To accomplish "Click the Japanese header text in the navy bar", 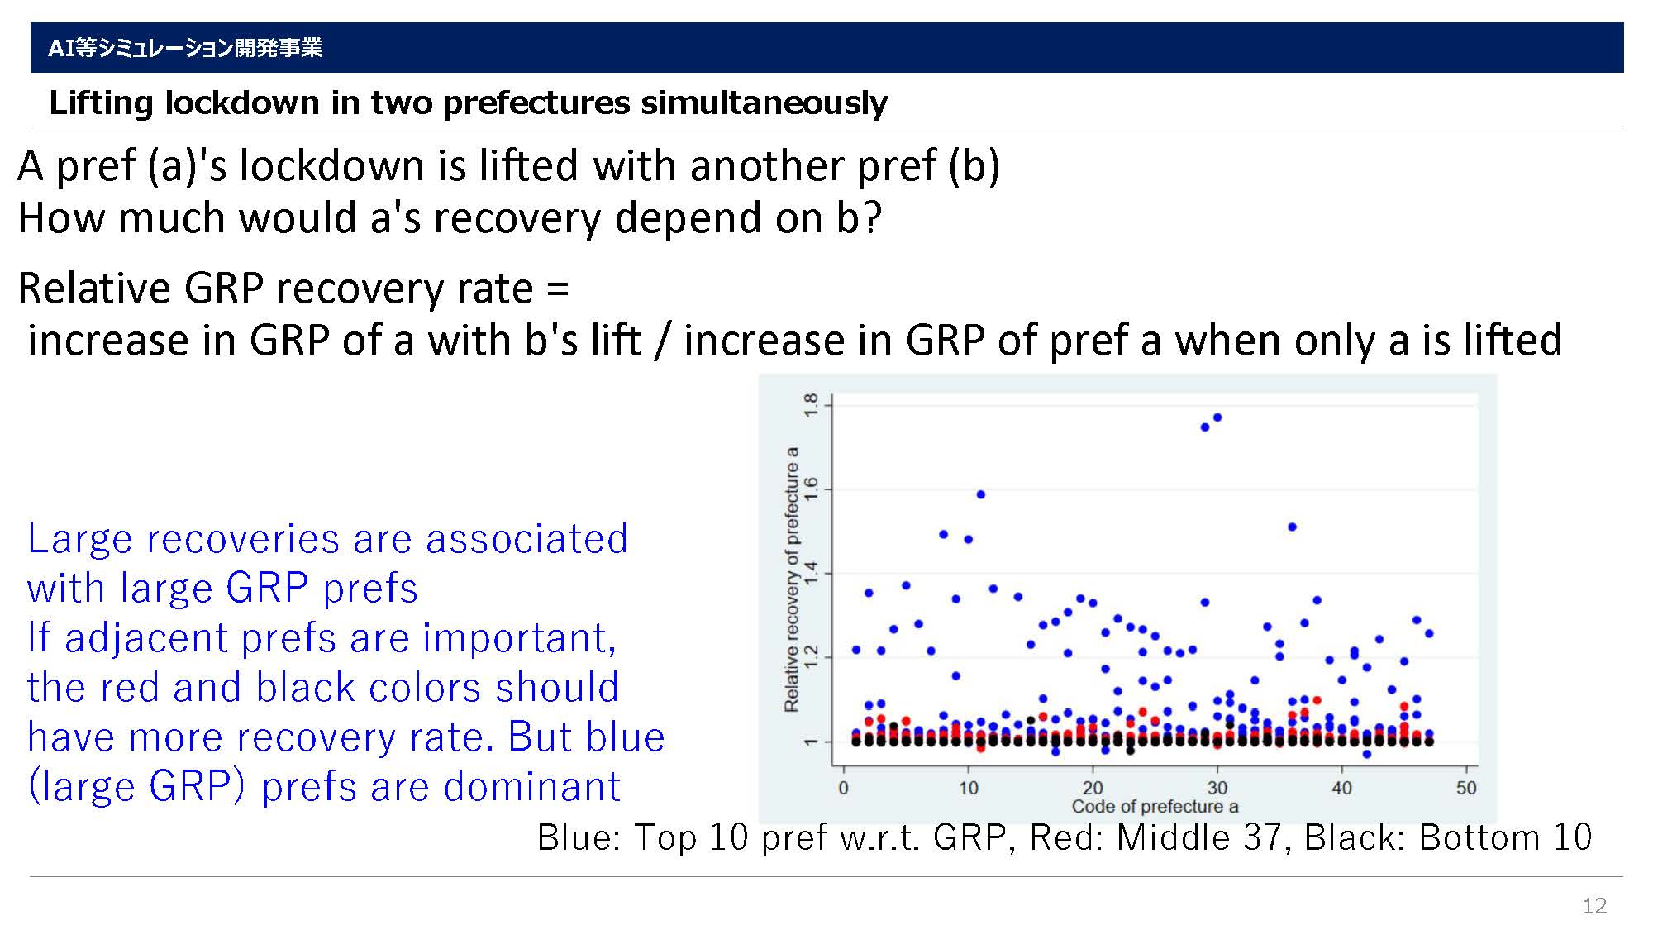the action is pyautogui.click(x=185, y=48).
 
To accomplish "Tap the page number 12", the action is pyautogui.click(x=1594, y=905).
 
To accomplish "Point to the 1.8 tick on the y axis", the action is pyautogui.click(x=811, y=404).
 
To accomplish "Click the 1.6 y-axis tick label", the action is pyautogui.click(x=811, y=488).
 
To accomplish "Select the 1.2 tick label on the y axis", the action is pyautogui.click(x=811, y=656).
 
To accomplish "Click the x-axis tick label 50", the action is pyautogui.click(x=1466, y=788).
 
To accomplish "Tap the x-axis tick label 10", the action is pyautogui.click(x=968, y=788).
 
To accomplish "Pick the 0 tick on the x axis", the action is pyautogui.click(x=843, y=788).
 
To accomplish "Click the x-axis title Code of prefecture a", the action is pyautogui.click(x=1155, y=807).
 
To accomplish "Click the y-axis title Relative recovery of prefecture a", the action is pyautogui.click(x=792, y=579).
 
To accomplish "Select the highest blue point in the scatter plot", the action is pyautogui.click(x=1217, y=417).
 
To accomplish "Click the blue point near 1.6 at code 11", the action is pyautogui.click(x=981, y=494).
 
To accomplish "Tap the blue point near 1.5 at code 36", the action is pyautogui.click(x=1292, y=527).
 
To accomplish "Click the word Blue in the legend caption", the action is pyautogui.click(x=579, y=837).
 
